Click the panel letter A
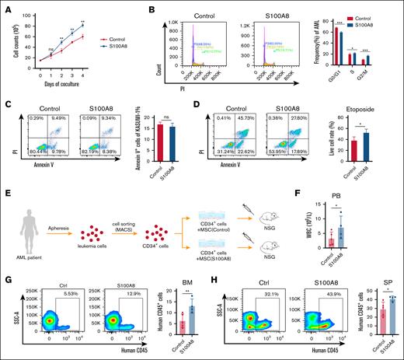click(x=5, y=6)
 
